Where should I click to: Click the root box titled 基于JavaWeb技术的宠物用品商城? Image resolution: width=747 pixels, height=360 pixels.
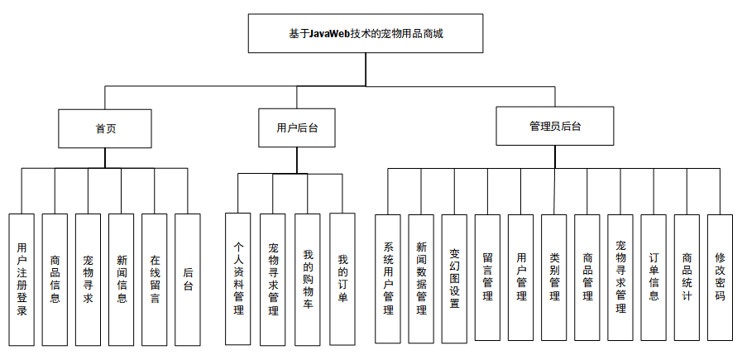tap(366, 34)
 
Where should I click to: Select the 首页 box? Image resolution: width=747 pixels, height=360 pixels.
tap(105, 127)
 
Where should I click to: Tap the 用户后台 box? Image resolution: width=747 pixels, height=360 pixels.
tap(296, 127)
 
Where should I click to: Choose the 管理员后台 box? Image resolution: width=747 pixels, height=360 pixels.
tap(554, 127)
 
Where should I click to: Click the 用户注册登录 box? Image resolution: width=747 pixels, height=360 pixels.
tap(22, 279)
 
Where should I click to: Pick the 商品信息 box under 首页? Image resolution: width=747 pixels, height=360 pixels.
tap(55, 279)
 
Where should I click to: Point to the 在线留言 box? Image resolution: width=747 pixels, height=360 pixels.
tap(155, 279)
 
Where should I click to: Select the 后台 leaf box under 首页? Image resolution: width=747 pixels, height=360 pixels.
tap(188, 279)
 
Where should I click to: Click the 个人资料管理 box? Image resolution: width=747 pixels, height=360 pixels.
tap(238, 279)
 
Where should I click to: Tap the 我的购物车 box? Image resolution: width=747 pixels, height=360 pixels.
tap(308, 279)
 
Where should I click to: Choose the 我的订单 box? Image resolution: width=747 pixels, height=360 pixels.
tap(342, 279)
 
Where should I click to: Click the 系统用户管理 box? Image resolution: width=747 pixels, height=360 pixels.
tap(388, 278)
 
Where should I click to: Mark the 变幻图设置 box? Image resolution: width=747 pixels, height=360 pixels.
tap(454, 278)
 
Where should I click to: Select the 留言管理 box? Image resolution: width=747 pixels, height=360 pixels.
tap(487, 278)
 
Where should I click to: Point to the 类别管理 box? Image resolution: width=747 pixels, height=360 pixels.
tap(554, 278)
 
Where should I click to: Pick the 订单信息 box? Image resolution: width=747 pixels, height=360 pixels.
tap(654, 278)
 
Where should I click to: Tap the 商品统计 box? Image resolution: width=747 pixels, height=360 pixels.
tap(687, 278)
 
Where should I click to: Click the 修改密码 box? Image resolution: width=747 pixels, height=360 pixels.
tap(720, 278)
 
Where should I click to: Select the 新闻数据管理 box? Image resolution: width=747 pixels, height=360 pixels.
tap(421, 278)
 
